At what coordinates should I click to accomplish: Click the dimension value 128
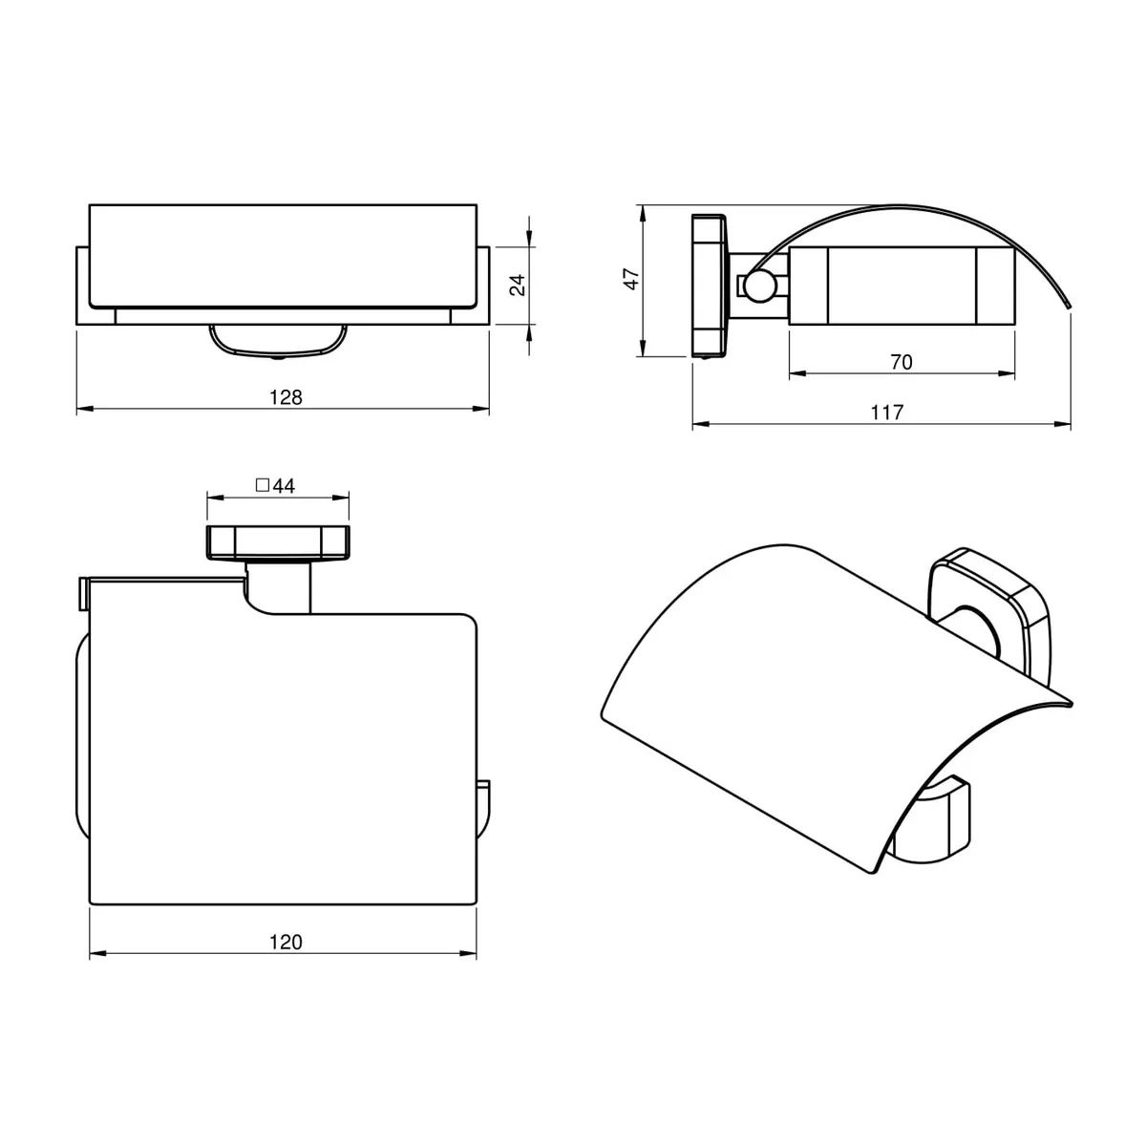click(x=286, y=396)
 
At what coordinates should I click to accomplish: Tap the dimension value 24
click(x=518, y=286)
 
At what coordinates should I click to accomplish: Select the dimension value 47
click(x=631, y=279)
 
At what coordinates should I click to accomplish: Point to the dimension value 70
click(x=901, y=362)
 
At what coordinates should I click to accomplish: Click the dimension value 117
click(x=886, y=413)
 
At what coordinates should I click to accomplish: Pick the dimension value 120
click(x=286, y=942)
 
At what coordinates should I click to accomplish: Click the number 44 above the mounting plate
click(x=284, y=486)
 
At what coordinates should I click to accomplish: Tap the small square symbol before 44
click(x=262, y=485)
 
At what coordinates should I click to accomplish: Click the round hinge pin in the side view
click(x=762, y=286)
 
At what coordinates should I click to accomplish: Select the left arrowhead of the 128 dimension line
click(x=83, y=409)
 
